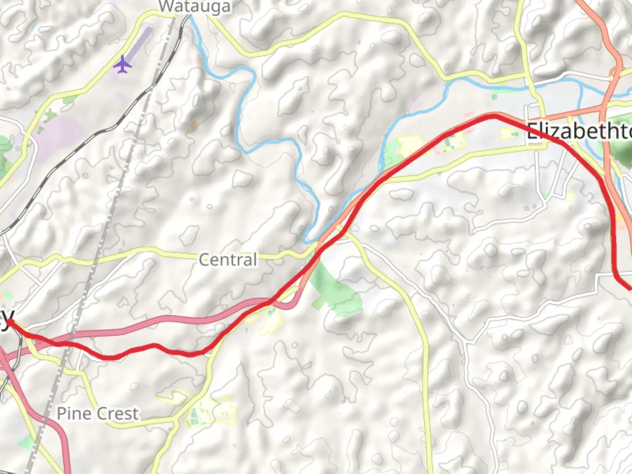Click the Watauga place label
[194, 7]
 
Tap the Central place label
[228, 260]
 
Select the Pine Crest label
[97, 413]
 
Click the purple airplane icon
[122, 64]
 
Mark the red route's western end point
[9, 323]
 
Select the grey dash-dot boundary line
[110, 219]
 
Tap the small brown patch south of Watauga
[191, 127]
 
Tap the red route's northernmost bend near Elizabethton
[492, 115]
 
